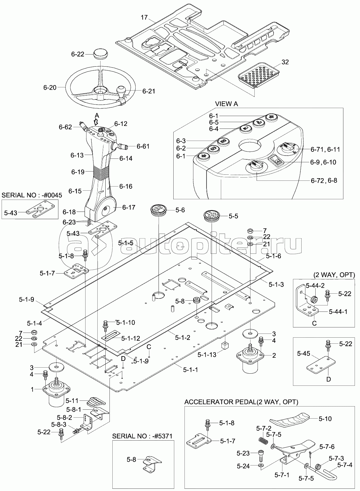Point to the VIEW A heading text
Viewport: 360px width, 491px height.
[x=226, y=104]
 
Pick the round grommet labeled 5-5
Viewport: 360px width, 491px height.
[x=212, y=216]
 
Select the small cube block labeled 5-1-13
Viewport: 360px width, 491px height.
[x=226, y=346]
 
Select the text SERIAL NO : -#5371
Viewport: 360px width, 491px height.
[x=143, y=436]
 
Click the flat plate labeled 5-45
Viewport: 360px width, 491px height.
[x=323, y=363]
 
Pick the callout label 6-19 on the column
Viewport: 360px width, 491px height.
[x=78, y=172]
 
